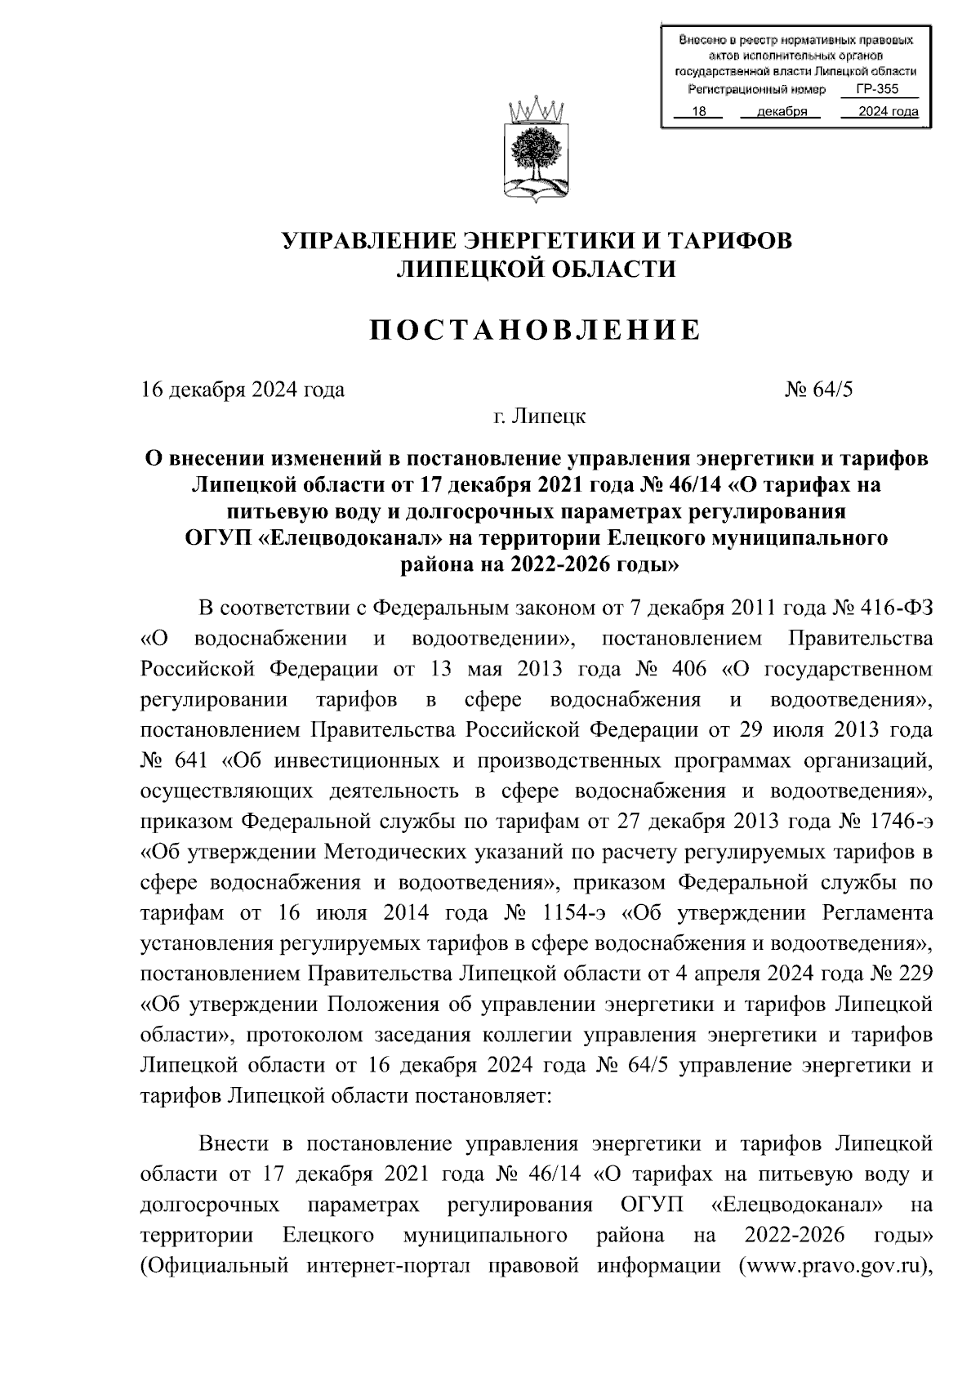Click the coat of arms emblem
(536, 150)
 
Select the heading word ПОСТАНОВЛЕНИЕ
(536, 329)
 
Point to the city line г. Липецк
(539, 417)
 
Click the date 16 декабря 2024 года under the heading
(243, 389)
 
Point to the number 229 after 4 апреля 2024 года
(915, 974)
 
